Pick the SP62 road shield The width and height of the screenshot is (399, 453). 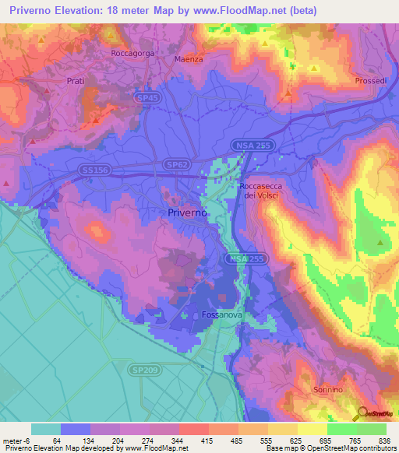(x=175, y=165)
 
